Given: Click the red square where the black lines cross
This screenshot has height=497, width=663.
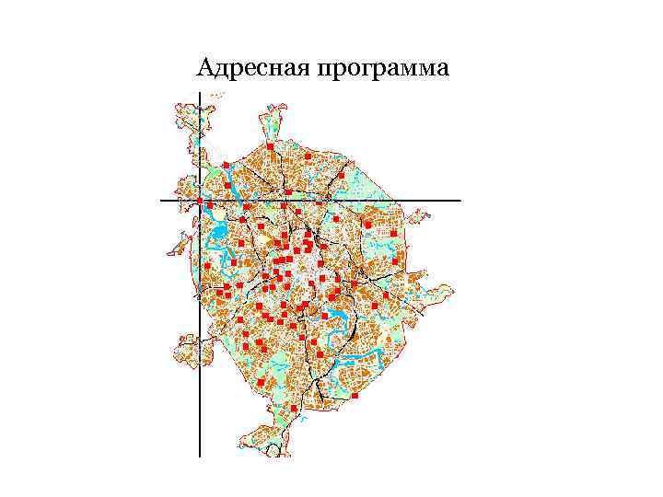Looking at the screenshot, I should pos(200,200).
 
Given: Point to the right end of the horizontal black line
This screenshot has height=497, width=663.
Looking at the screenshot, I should pos(459,200).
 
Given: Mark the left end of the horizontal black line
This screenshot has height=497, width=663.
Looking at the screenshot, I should pos(161,200).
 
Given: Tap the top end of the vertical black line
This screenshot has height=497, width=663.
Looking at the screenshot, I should pos(200,93).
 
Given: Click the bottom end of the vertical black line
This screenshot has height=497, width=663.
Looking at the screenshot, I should pos(200,456).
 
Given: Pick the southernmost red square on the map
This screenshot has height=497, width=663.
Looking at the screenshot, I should pos(293,408).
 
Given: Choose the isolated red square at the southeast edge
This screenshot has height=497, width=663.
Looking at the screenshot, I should pos(355,395).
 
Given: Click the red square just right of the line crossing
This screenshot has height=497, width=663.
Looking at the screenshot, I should pos(211,204).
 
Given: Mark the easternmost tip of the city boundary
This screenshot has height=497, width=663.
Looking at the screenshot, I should pos(453,290).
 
